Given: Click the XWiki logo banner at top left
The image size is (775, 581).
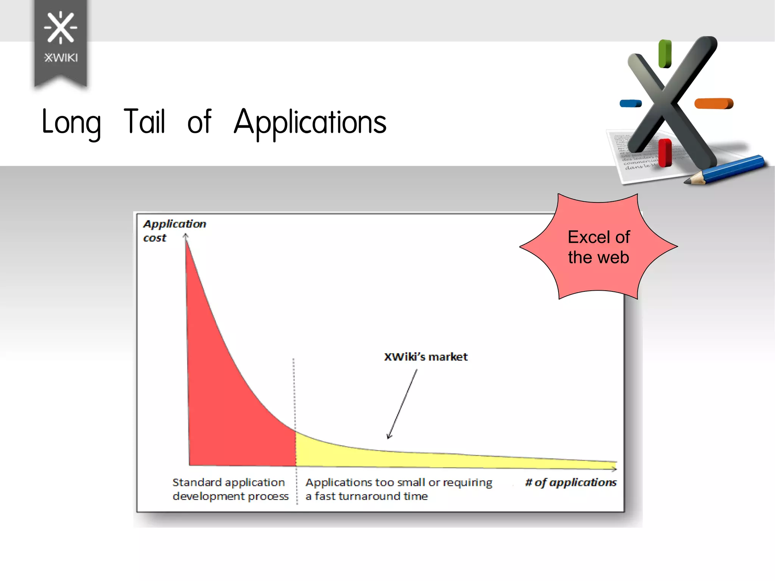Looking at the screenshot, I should (x=61, y=42).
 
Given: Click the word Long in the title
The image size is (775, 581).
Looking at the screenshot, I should (x=71, y=122).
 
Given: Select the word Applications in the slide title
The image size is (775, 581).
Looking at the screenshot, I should (x=310, y=122).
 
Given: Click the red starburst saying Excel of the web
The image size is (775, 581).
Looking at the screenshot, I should (x=598, y=247).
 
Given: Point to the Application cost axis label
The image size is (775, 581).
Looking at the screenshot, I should (x=174, y=230).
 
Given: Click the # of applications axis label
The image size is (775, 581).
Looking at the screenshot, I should (x=571, y=482).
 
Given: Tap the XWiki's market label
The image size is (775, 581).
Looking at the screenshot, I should (x=426, y=357).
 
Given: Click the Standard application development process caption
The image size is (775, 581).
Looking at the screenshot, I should (x=230, y=489).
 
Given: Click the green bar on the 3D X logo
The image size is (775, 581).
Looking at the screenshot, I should (x=665, y=54).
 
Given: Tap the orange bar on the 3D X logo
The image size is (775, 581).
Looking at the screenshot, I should (x=714, y=103).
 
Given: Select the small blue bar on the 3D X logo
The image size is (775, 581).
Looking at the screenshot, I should (x=630, y=103).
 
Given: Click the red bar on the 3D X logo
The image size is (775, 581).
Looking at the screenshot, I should (x=665, y=153).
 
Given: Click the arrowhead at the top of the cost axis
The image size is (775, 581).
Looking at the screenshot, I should (x=185, y=236).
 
